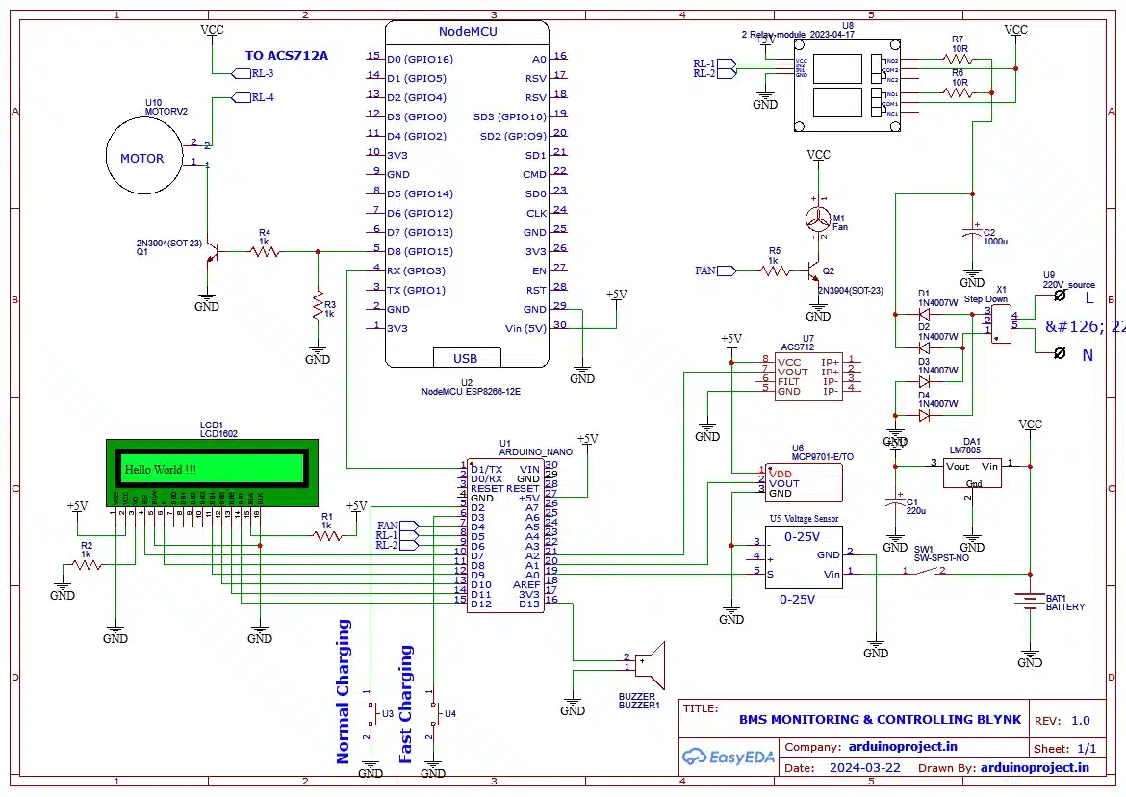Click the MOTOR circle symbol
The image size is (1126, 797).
point(142,158)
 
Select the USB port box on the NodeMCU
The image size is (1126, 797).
point(466,358)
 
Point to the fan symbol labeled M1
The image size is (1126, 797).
point(818,220)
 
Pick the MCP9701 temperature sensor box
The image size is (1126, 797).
point(800,482)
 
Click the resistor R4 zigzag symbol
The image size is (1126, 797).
point(265,252)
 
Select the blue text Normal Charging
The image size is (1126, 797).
point(344,691)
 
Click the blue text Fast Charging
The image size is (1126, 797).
point(405,704)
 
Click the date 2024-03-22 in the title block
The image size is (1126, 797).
point(864,768)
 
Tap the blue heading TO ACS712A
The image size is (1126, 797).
point(286,56)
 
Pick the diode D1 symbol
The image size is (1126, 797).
point(924,313)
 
